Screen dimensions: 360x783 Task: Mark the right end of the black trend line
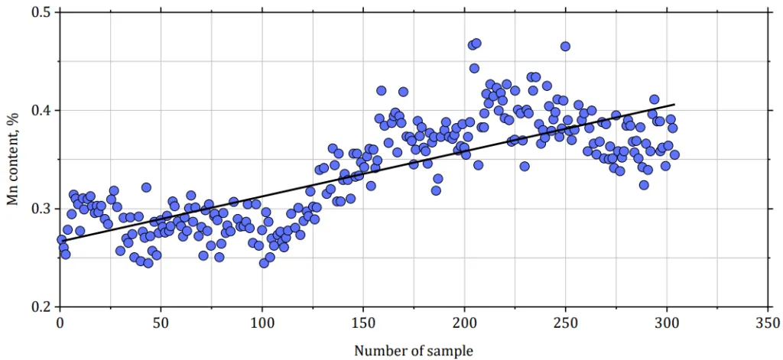(674, 105)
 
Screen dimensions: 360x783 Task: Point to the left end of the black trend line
(60, 242)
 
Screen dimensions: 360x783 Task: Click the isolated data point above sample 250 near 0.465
(565, 46)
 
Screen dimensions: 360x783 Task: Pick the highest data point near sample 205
(476, 44)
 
